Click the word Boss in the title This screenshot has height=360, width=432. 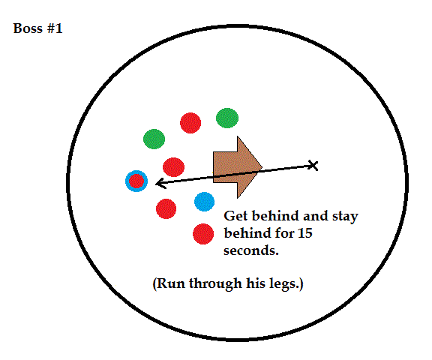click(28, 28)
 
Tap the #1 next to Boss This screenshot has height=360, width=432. click(55, 28)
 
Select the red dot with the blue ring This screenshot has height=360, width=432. click(136, 181)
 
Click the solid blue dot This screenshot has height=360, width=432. click(204, 202)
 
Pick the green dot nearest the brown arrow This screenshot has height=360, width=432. click(227, 118)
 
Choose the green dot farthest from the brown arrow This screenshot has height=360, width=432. click(154, 139)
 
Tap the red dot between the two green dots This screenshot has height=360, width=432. click(190, 123)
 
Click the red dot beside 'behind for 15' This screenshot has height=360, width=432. click(203, 234)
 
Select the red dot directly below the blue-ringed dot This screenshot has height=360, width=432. click(166, 208)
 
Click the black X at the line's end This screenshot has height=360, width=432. click(313, 165)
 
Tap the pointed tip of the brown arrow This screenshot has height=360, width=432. click(262, 166)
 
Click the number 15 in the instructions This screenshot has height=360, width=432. click(305, 233)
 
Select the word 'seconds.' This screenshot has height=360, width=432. click(251, 250)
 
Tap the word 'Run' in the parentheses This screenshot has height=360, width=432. click(172, 283)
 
